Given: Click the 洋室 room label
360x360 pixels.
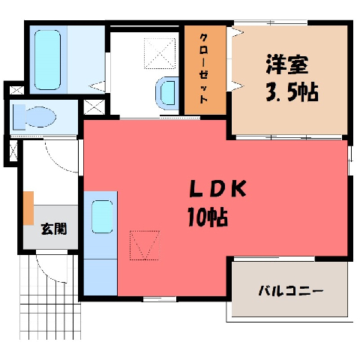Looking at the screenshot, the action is pyautogui.click(x=286, y=64).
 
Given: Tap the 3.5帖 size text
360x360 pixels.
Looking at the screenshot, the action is pyautogui.click(x=292, y=91).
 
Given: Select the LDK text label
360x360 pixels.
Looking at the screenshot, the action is pyautogui.click(x=217, y=188).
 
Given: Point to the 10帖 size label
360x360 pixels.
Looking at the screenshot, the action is pyautogui.click(x=208, y=217).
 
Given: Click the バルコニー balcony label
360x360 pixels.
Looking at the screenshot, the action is pyautogui.click(x=291, y=291).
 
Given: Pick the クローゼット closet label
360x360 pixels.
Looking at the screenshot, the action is pyautogui.click(x=204, y=68).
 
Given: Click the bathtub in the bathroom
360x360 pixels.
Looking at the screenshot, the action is pyautogui.click(x=47, y=60).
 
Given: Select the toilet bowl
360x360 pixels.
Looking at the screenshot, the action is pyautogui.click(x=34, y=117).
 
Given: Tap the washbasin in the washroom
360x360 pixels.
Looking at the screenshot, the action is pyautogui.click(x=167, y=93).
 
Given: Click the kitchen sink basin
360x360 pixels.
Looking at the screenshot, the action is pyautogui.click(x=102, y=217).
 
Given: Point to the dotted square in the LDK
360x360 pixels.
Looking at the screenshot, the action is pyautogui.click(x=145, y=245).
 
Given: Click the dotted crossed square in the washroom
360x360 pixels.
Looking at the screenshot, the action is pyautogui.click(x=160, y=53).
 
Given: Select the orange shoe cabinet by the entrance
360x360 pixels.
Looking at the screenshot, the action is pyautogui.click(x=28, y=208).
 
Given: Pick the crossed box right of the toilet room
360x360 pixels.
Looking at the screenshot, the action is pyautogui.click(x=94, y=107).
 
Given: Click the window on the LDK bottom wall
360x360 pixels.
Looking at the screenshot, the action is pyautogui.click(x=160, y=298).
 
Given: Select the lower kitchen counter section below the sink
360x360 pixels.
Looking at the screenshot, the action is pyautogui.click(x=100, y=277).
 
